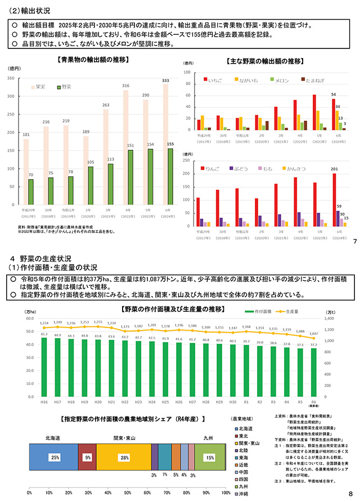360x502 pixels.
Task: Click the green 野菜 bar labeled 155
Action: pos(170,177)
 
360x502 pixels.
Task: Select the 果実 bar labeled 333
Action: pos(165,146)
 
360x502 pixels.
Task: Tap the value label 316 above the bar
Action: pos(125,86)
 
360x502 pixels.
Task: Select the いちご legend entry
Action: pos(213,80)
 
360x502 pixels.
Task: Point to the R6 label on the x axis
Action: pos(313,403)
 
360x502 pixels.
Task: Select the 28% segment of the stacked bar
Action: pos(123,458)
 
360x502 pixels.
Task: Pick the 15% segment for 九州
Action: pos(209,458)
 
